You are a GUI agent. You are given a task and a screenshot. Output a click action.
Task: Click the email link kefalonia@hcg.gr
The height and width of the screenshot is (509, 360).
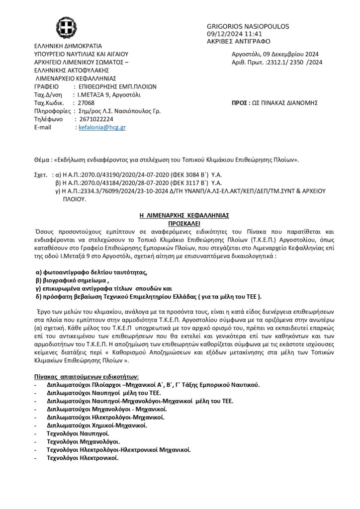pyautogui.click(x=102, y=128)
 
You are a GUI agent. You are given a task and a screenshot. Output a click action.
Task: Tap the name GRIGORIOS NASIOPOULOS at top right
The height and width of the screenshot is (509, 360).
pyautogui.click(x=247, y=26)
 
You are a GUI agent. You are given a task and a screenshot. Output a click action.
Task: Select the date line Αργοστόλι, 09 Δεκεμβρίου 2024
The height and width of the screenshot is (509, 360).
pyautogui.click(x=275, y=54)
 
